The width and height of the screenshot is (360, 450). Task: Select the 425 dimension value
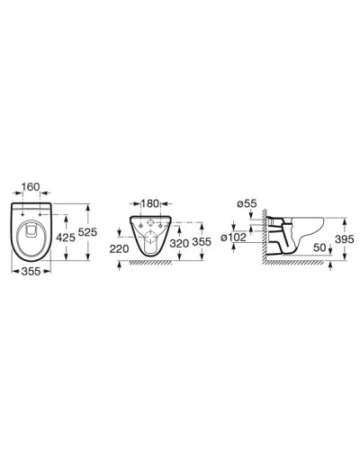pos(65,238)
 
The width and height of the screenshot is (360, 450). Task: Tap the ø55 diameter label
pos(248,204)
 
